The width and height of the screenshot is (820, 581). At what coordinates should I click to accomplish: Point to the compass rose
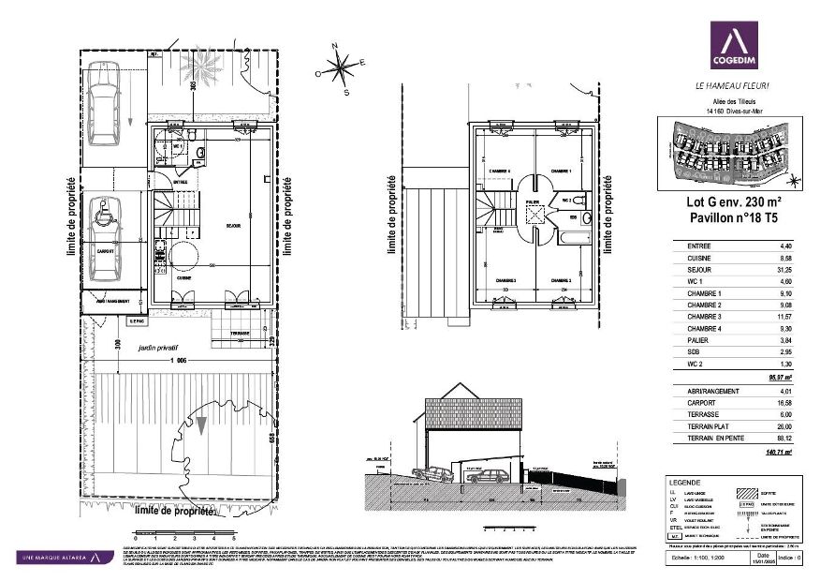341,67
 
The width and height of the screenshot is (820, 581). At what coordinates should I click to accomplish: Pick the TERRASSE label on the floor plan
239,334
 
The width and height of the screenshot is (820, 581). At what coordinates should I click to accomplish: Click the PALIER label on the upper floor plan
532,201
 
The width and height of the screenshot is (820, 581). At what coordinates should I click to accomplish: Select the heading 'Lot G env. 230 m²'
728,201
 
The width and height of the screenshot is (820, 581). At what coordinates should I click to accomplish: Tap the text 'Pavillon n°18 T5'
728,217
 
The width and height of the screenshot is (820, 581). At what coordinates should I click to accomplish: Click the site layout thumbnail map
728,152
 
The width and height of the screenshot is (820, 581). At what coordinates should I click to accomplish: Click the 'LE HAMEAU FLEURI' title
733,85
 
